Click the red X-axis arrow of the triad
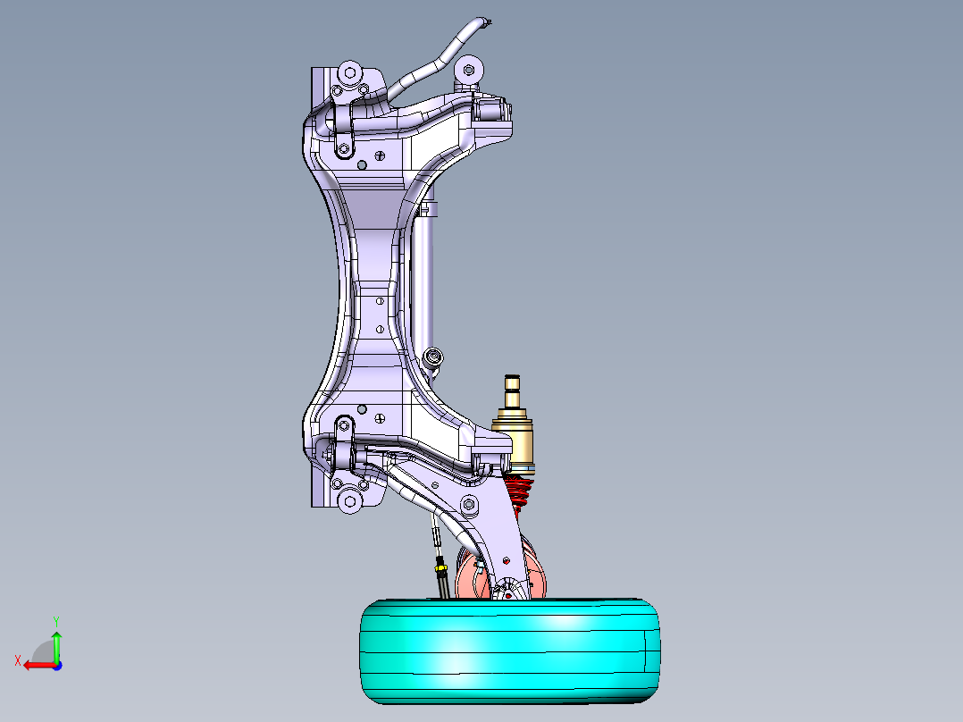point(36,665)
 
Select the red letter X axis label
point(17,660)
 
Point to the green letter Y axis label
point(55,619)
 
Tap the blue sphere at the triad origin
point(56,665)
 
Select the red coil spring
point(519,491)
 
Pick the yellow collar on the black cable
point(440,565)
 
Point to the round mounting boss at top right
point(468,69)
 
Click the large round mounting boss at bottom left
point(349,501)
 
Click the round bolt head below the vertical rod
point(434,357)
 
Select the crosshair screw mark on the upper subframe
point(381,155)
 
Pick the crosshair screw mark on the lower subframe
point(381,416)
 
